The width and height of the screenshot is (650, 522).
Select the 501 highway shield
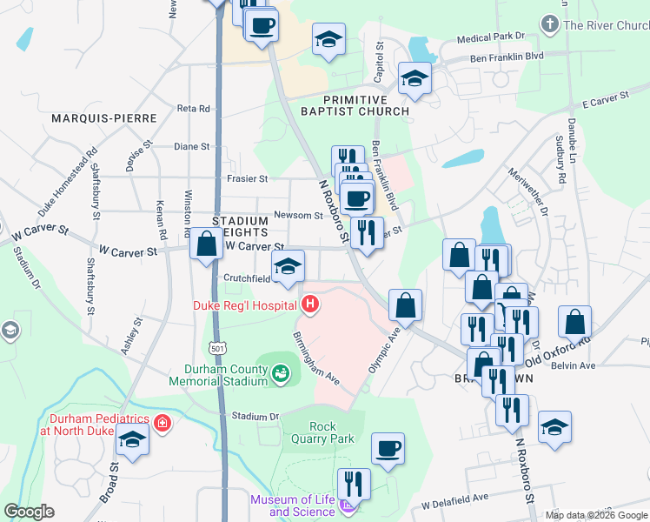(x=216, y=348)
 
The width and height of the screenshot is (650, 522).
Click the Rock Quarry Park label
(x=332, y=432)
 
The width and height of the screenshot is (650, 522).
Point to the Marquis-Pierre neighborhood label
(x=103, y=117)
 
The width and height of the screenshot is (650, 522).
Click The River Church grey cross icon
(x=549, y=23)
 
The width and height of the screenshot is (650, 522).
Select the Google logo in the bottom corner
(x=29, y=512)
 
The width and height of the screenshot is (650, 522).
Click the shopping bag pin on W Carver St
(x=207, y=245)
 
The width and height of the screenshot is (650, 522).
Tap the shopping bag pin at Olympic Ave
(x=405, y=305)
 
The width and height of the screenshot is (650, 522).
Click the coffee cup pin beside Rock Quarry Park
(x=388, y=449)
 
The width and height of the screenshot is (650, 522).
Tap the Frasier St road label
(x=245, y=177)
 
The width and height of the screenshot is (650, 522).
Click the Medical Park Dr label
(x=492, y=38)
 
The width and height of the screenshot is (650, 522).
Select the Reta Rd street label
(x=193, y=109)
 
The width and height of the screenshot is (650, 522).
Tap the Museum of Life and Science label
(x=293, y=505)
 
